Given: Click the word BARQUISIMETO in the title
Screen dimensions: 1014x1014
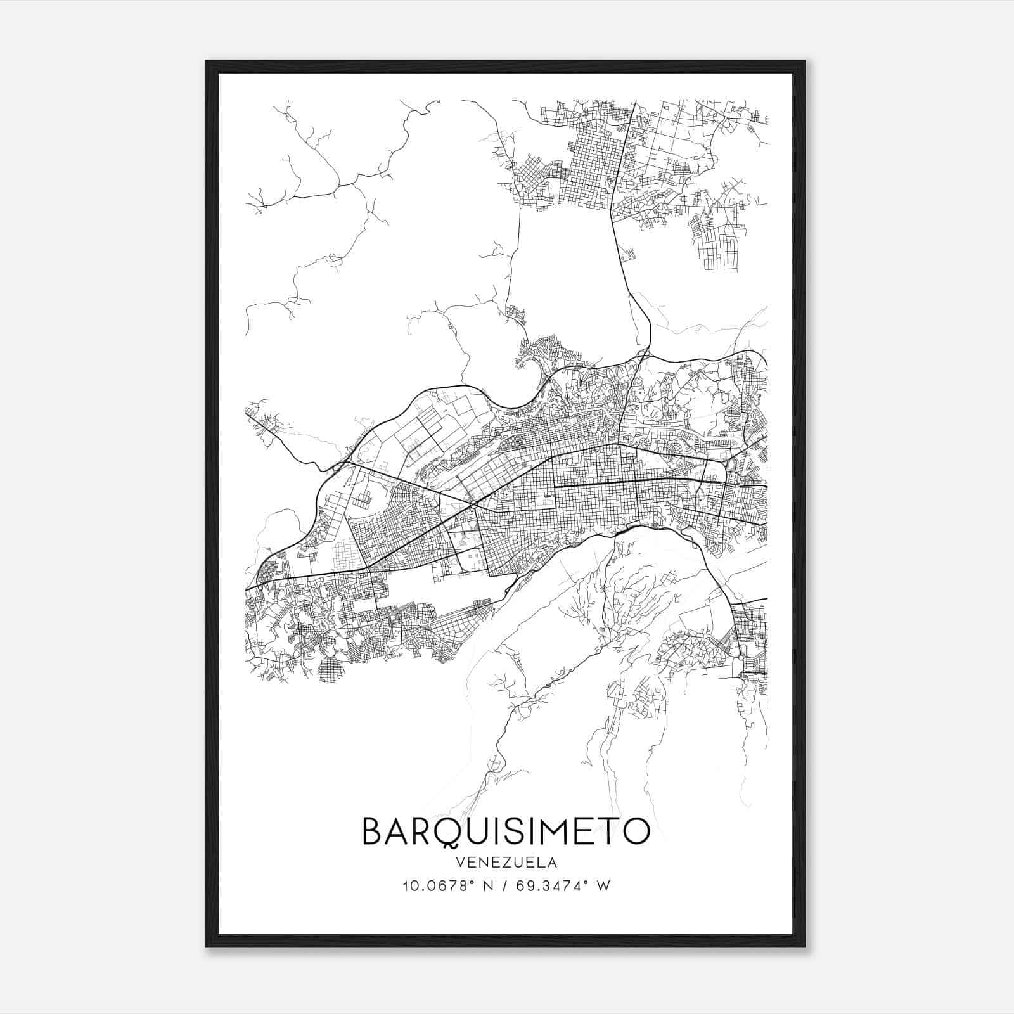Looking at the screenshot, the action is pos(506,831).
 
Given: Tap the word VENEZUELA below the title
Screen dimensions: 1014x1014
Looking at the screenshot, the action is pos(506,863).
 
